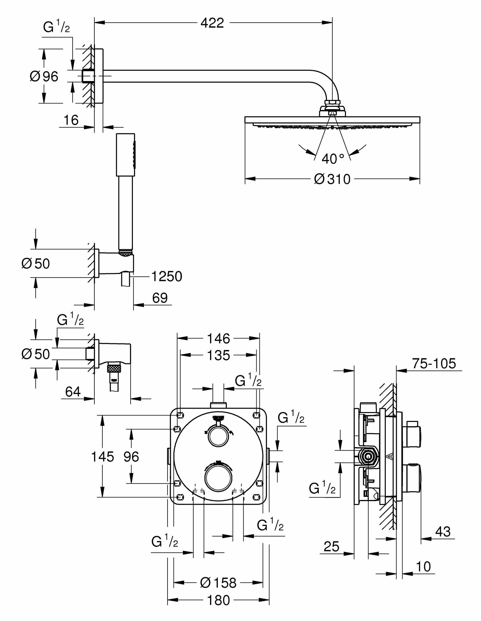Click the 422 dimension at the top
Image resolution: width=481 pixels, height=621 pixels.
click(212, 23)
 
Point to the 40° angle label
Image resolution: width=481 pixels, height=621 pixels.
click(333, 159)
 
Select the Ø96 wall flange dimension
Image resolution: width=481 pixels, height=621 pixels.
click(44, 76)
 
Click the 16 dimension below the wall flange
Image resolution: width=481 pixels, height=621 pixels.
click(71, 120)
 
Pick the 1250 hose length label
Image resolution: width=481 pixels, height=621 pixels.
click(167, 276)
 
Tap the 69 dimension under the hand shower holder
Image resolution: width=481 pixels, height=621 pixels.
click(160, 298)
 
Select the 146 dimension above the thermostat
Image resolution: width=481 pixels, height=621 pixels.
click(218, 338)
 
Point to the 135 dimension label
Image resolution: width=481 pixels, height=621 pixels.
click(218, 355)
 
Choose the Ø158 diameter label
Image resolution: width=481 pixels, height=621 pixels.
click(218, 583)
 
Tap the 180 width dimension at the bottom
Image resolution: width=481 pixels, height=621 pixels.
click(218, 600)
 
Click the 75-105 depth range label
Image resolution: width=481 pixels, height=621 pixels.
click(434, 363)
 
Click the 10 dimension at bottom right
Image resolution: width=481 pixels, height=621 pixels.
click(423, 567)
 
